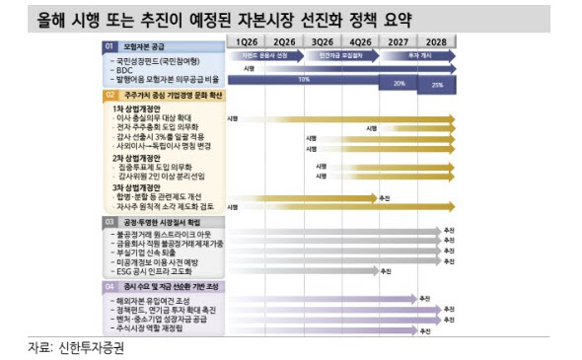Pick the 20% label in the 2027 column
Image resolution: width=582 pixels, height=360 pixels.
coord(399,83)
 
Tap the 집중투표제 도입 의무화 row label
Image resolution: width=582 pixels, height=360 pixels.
coord(157,167)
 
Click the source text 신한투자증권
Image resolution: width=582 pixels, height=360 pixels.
coord(86,346)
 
